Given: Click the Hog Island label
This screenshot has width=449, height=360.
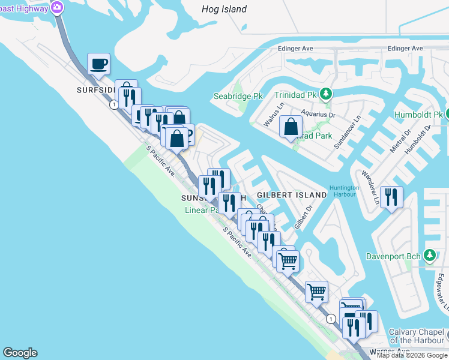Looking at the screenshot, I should [224, 9].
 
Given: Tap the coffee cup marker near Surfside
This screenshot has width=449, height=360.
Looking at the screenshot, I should [98, 63].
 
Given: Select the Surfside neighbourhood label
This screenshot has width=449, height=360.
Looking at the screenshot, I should [95, 90].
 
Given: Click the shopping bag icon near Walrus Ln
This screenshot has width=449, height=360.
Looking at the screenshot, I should [291, 127].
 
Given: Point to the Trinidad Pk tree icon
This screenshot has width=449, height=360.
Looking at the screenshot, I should [325, 94].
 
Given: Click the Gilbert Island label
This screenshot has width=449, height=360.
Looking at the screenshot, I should [292, 195].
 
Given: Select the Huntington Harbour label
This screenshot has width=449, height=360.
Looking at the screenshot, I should [344, 191].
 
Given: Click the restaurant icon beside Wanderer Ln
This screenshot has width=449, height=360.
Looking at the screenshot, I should [391, 197].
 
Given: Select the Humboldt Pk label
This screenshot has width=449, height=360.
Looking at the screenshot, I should [418, 115].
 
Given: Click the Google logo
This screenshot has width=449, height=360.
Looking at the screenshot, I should [20, 353].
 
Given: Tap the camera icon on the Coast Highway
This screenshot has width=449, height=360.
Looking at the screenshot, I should [57, 7].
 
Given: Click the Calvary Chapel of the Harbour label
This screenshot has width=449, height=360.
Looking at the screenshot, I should [417, 337].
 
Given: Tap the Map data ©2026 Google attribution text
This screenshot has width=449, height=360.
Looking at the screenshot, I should [412, 355].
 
